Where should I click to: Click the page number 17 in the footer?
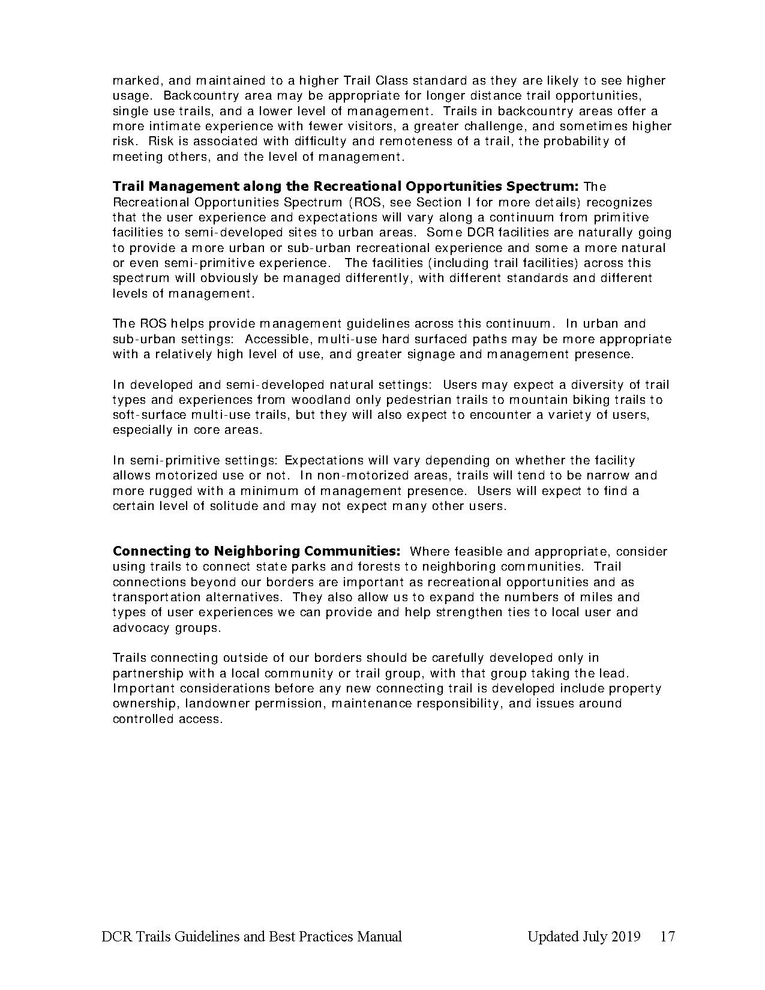[667, 937]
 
